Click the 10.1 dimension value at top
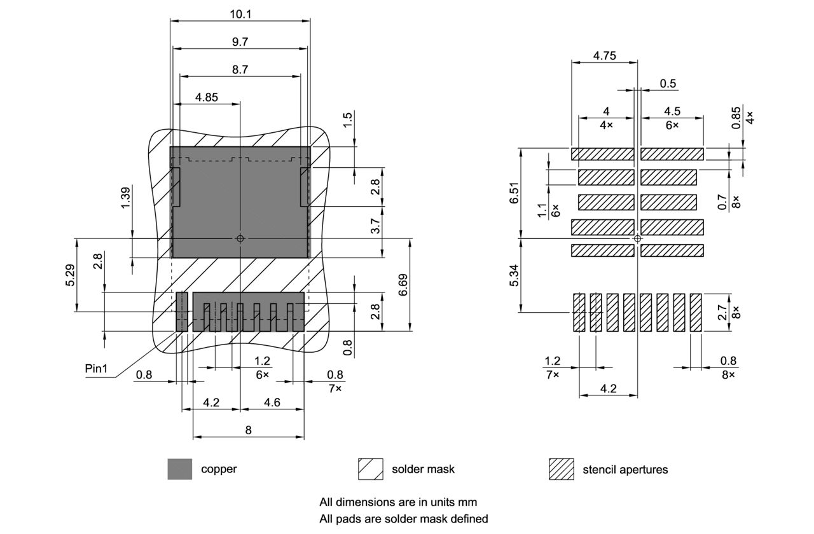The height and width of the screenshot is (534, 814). (x=240, y=13)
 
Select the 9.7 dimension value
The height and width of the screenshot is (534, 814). (x=240, y=41)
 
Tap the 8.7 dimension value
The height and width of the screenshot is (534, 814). (x=240, y=69)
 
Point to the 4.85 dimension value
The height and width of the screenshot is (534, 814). (x=207, y=97)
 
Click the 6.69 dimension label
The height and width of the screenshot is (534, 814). (x=403, y=285)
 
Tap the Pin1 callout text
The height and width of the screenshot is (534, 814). (x=97, y=368)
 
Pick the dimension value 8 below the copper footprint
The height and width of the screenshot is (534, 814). (x=248, y=430)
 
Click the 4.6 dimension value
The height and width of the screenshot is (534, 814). (x=272, y=402)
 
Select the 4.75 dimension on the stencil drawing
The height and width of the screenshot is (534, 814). (x=604, y=55)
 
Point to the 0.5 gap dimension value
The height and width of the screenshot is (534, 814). (x=668, y=84)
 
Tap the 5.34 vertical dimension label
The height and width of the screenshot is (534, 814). (x=514, y=275)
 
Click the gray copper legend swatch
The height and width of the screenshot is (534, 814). (x=180, y=469)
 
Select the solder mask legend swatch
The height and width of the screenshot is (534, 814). (x=371, y=469)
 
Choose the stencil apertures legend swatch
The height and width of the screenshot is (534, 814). (x=562, y=469)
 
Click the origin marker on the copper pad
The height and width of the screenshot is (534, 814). (x=240, y=238)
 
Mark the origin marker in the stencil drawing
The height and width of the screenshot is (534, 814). (x=638, y=238)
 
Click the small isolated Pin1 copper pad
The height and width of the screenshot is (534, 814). (x=183, y=311)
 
